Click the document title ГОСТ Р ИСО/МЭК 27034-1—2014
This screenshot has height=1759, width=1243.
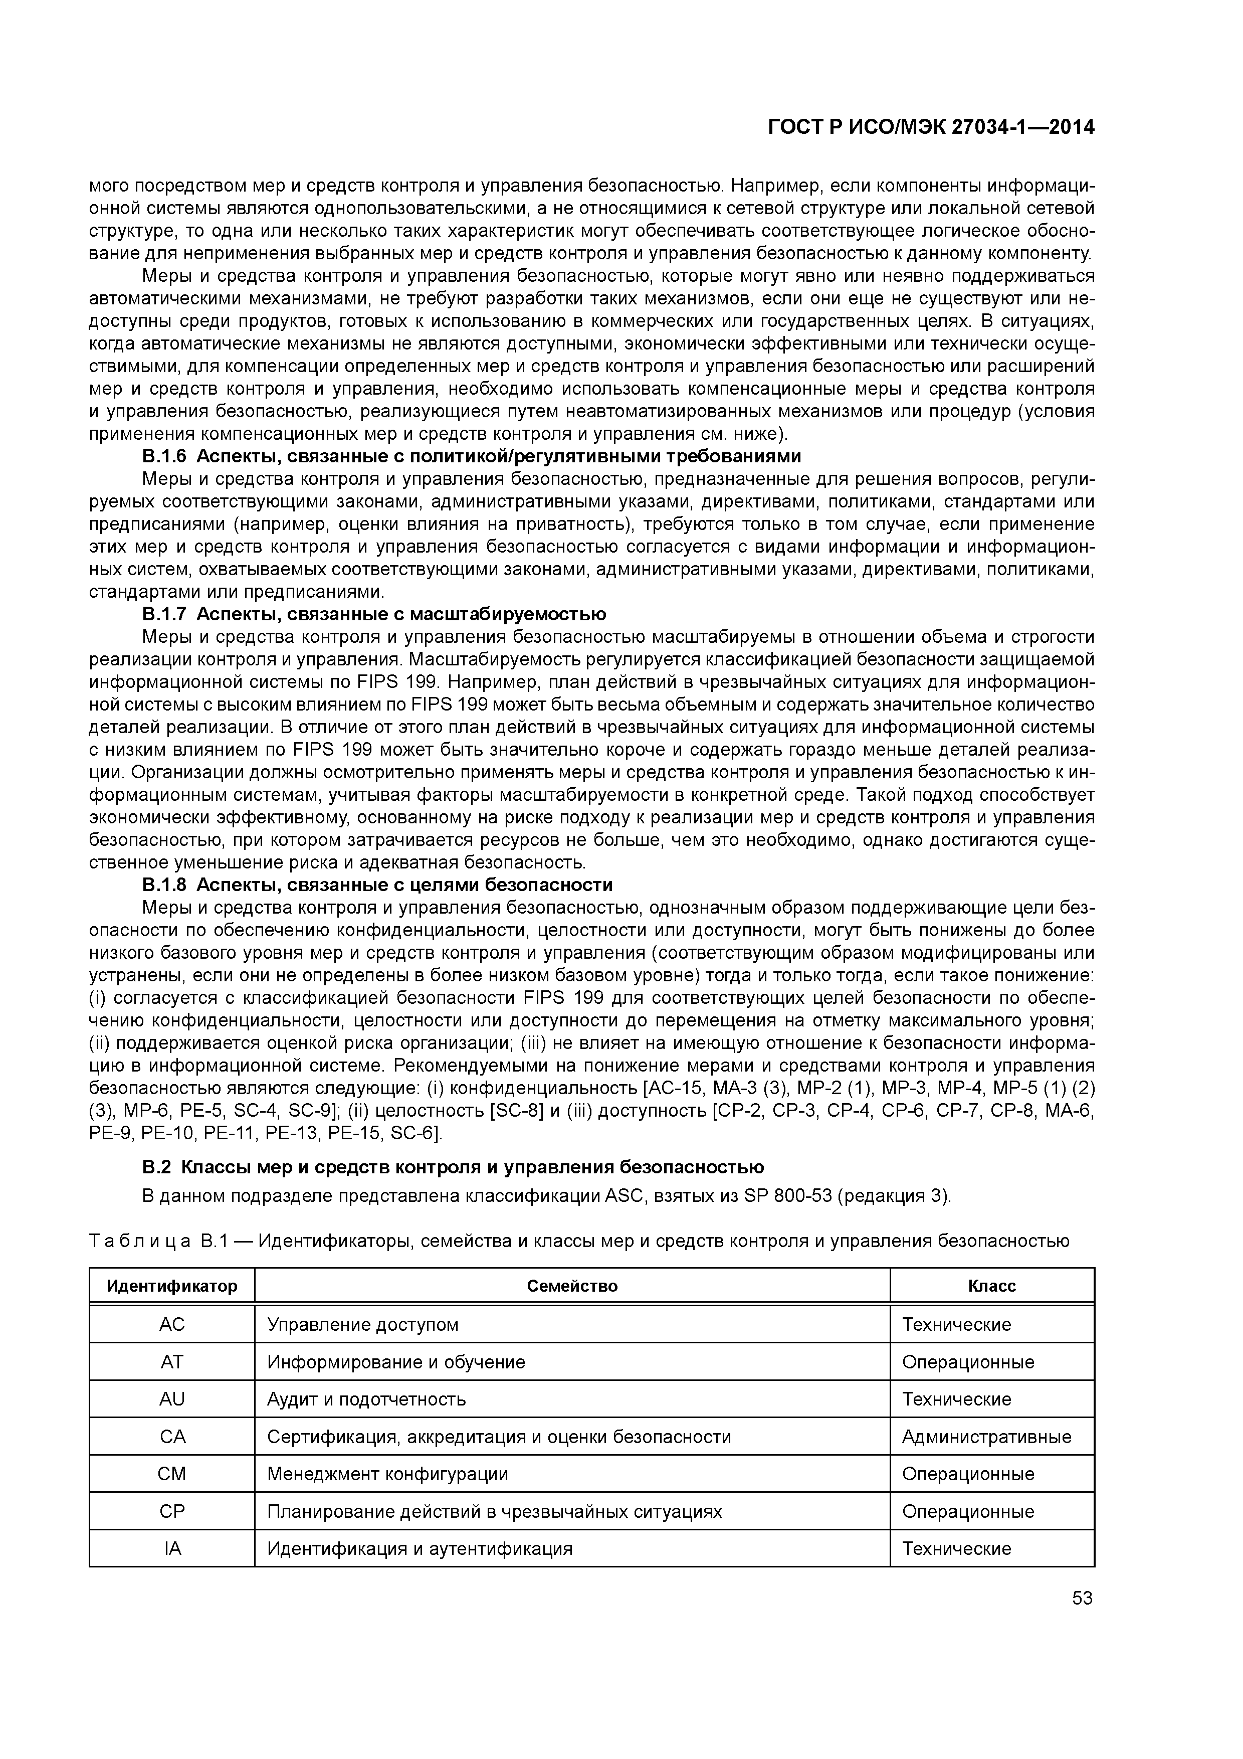click(x=931, y=128)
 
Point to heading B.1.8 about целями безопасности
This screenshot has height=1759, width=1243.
click(x=377, y=885)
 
